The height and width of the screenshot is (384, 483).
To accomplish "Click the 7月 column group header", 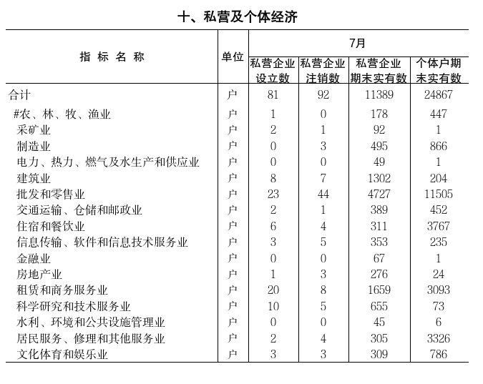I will pos(358,43).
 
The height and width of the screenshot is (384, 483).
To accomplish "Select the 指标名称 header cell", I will pos(112,56).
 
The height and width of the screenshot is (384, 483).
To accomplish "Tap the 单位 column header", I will pos(233,56).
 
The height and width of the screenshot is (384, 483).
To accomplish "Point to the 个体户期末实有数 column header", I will pos(439,70).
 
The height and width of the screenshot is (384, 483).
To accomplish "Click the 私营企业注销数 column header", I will pos(323,70).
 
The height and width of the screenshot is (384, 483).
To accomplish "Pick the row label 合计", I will pos(20,94).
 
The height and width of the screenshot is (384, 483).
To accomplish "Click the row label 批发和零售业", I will pos(51,194).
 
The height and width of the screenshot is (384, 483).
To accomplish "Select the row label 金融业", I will pos(34,258).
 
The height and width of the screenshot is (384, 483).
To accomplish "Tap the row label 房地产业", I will pos(39,274).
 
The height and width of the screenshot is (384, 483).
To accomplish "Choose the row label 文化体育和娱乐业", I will pos(62,354).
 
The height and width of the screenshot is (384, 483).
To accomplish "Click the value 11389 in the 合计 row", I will pos(379,94).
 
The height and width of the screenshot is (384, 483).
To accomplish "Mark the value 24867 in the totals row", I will pos(439,94).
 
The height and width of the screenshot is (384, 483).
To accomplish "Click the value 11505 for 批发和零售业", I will pos(439,194).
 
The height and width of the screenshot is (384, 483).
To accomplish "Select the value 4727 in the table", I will pos(379,194).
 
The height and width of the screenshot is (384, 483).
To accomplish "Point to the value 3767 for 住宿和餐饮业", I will pos(439,226).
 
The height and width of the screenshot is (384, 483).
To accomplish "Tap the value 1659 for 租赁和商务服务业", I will pos(379,290).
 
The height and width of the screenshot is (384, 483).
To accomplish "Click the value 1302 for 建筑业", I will pos(379,178).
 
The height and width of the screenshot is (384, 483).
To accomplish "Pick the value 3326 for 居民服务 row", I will pos(439,338).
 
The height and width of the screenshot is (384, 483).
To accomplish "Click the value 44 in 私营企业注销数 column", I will pos(323,194).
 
